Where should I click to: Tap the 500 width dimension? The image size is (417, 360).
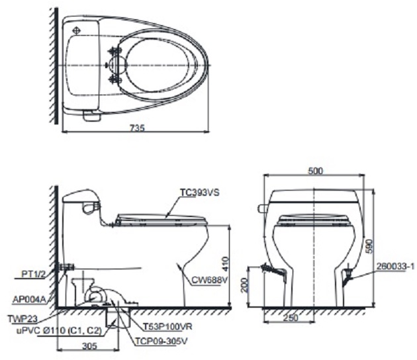[x=315, y=171]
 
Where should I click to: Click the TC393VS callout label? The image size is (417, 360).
[x=199, y=193]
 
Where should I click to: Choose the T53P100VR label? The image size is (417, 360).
[x=168, y=326]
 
